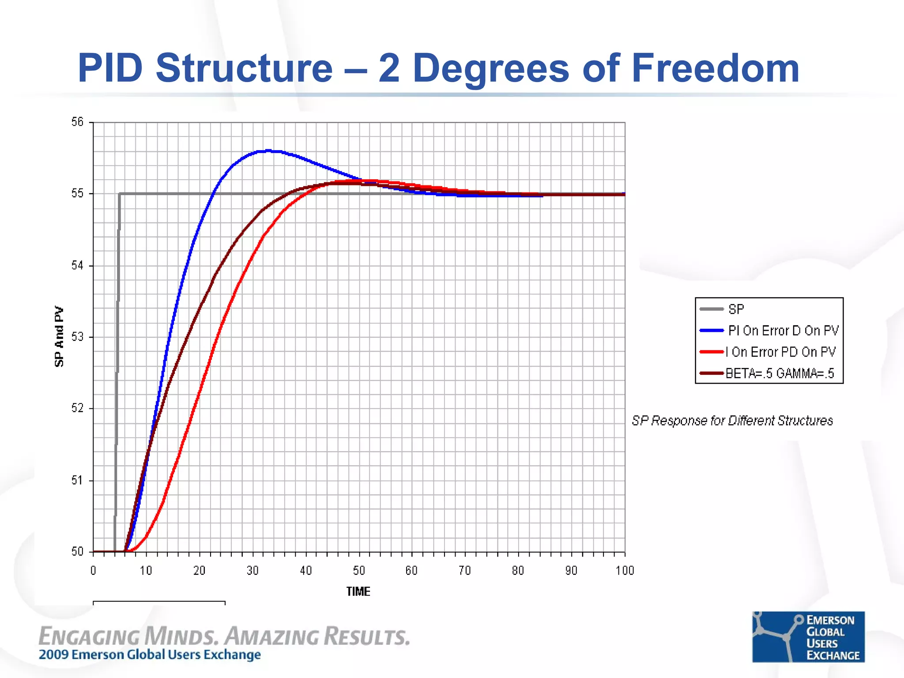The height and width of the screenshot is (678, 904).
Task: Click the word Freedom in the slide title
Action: coord(715,68)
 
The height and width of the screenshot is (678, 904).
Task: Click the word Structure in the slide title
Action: coord(244,68)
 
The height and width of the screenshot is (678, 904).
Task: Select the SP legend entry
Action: coord(736,309)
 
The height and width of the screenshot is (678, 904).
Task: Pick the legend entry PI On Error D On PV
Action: coord(783,330)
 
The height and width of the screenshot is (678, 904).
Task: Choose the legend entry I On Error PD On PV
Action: coord(780,352)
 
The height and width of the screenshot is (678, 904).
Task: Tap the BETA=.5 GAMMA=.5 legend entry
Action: coord(780,373)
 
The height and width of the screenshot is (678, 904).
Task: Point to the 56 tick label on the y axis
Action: coord(77,122)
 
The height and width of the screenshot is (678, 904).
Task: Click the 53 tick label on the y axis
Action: coord(77,337)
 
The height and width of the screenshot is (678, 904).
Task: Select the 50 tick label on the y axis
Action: coord(77,551)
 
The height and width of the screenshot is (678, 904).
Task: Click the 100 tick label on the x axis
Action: coord(625,571)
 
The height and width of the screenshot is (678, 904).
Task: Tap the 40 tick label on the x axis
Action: coord(306,571)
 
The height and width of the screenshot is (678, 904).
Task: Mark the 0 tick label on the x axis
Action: coord(93,571)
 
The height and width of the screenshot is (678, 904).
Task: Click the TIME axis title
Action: coord(358,591)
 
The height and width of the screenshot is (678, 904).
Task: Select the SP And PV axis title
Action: coord(59,336)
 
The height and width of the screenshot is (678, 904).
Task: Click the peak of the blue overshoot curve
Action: coord(268,151)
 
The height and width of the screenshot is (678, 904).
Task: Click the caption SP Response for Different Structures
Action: coord(732,421)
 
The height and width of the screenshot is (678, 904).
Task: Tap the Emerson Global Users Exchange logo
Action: coord(808,637)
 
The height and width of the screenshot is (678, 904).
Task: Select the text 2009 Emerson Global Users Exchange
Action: coord(150,655)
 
